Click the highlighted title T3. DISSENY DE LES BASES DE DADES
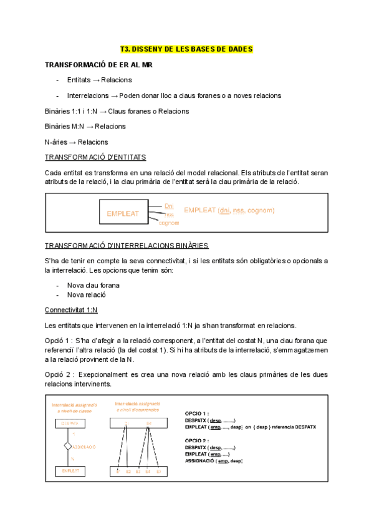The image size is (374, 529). coord(186,49)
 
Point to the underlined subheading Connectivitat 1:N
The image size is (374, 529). coord(71,309)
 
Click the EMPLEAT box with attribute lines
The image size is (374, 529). coord(123,213)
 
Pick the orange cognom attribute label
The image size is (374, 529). coord(169,223)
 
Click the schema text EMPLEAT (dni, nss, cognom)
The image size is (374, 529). coord(229,211)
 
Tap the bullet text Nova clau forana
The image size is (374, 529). coord(93,285)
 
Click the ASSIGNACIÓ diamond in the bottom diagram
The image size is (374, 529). coord(69,447)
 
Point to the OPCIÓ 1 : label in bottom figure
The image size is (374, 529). coord(197,414)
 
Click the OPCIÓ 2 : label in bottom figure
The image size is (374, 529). coord(197,440)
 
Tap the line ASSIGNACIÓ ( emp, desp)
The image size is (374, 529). coord(214,461)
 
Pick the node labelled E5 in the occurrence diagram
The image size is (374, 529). coord(158,472)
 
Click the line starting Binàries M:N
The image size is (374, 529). coord(85,127)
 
